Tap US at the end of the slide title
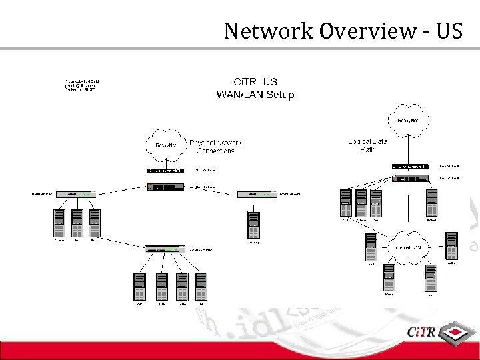click(449, 31)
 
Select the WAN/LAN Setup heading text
click(255, 95)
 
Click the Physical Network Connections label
click(215, 147)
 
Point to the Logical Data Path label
click(367, 145)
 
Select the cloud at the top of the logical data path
click(408, 120)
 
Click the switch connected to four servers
click(163, 249)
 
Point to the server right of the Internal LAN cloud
click(451, 246)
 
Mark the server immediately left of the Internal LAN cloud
click(371, 248)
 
